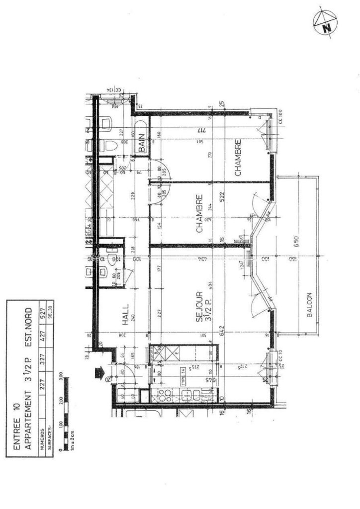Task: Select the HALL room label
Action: click(x=125, y=315)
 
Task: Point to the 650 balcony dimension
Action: click(x=296, y=241)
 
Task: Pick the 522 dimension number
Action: click(x=222, y=198)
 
